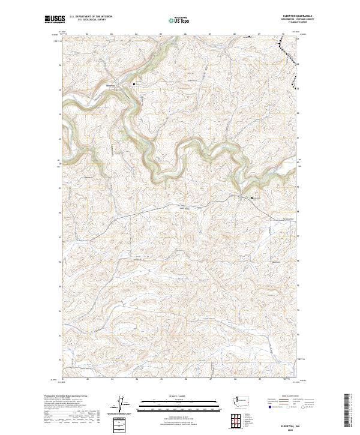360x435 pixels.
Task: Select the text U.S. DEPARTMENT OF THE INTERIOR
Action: [x=91, y=17]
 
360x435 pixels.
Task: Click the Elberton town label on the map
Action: [x=110, y=85]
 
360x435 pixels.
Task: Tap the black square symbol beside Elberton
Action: [x=134, y=85]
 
